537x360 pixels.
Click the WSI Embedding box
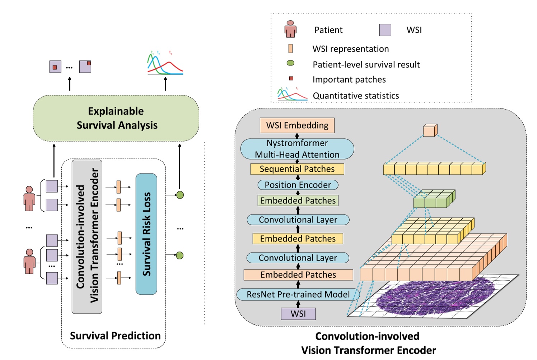point(297,125)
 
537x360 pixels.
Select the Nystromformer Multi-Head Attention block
point(297,149)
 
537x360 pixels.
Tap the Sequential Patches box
point(297,169)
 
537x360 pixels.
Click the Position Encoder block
point(298,185)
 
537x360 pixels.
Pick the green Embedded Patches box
point(298,200)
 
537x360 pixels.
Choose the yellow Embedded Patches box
point(298,239)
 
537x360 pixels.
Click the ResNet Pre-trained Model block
point(298,295)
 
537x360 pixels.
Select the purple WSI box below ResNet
point(298,314)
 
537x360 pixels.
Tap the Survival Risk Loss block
point(146,234)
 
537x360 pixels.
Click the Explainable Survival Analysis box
point(116,118)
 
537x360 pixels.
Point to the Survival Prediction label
point(115,336)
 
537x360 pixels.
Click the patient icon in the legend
point(290,29)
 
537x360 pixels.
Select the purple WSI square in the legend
point(385,30)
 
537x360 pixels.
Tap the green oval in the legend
point(290,63)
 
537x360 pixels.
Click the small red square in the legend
point(291,78)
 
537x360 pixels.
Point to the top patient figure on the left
point(29,198)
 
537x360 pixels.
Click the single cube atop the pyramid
point(430,130)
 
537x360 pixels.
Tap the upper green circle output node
point(180,195)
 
